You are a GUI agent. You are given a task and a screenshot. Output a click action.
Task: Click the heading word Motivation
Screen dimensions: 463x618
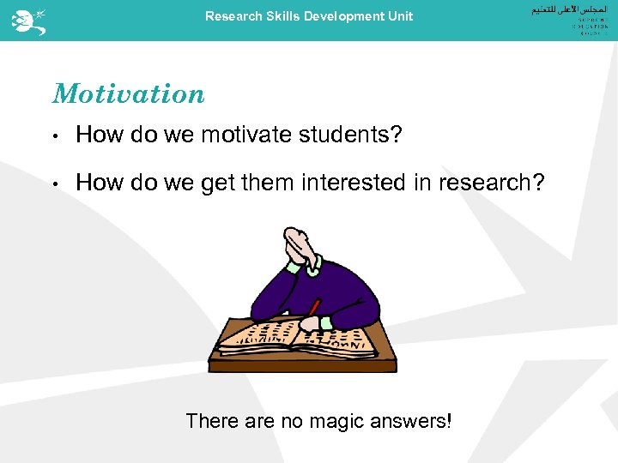click(129, 93)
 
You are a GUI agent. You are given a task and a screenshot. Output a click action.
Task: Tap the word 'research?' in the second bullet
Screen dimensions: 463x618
click(492, 182)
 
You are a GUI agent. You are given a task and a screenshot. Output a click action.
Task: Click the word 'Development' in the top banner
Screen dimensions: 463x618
click(340, 16)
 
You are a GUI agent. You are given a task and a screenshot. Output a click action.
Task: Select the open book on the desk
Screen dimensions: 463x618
click(292, 336)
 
